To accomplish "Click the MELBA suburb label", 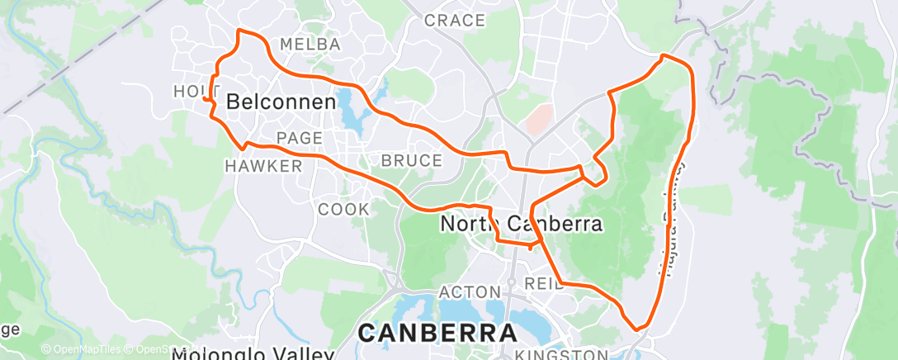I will [x=310, y=45].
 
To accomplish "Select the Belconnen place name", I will [x=281, y=102].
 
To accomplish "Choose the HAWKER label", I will [x=263, y=166].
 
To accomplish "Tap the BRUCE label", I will [x=412, y=160].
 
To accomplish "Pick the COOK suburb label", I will [x=343, y=210].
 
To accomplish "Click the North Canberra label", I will [x=521, y=224].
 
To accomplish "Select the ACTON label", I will [x=470, y=292].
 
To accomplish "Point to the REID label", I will [x=543, y=285].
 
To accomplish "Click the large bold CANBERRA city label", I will [x=437, y=334].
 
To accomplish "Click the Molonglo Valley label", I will [x=253, y=355].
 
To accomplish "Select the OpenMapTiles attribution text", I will [x=80, y=350].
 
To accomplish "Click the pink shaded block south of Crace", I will [x=537, y=120].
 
